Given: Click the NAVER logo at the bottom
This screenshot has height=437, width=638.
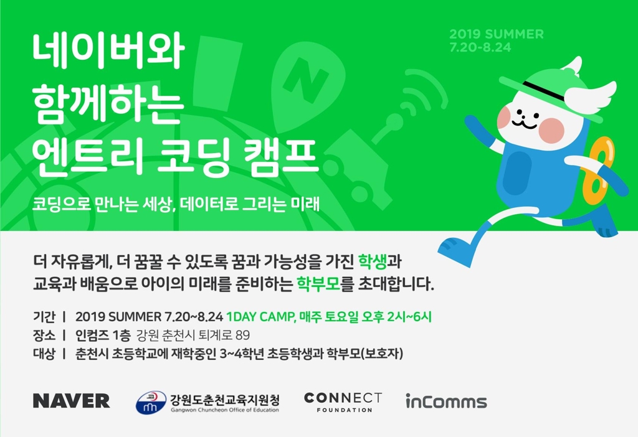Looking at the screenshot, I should (x=71, y=401).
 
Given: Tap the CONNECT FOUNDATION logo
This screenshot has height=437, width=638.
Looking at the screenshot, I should (x=343, y=402).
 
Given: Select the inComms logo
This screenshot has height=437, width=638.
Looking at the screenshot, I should (x=446, y=402).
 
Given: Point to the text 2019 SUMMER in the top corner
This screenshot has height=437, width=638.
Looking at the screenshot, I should (x=496, y=34).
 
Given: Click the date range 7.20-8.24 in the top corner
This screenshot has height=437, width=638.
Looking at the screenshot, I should (x=480, y=47).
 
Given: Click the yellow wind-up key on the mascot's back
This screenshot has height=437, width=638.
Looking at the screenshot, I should (x=598, y=165).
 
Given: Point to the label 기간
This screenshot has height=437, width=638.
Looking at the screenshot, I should (x=44, y=317).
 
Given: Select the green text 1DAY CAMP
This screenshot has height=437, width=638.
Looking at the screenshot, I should (x=260, y=317).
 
